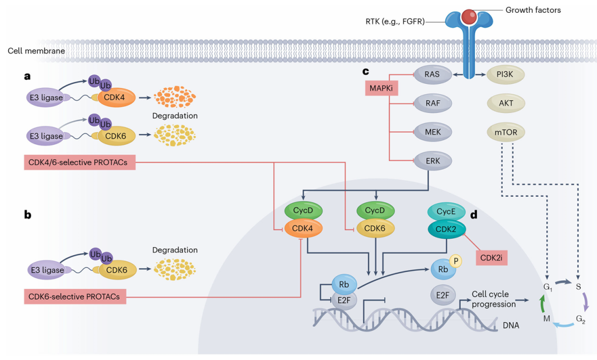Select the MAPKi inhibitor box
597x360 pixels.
pos(377,89)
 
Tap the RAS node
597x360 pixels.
pos(432,74)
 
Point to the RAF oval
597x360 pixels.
pos(432,103)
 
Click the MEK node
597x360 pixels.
pos(432,132)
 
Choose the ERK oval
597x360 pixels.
pos(432,160)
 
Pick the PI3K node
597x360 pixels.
pos(505,74)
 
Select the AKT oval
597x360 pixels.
pos(505,103)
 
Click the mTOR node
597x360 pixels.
pos(505,132)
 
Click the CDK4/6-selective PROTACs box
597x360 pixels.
pos(80,162)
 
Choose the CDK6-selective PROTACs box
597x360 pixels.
pos(75,297)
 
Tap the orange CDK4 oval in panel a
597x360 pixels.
pos(115,97)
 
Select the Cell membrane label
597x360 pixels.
pos(36,51)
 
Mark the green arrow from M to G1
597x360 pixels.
pos(542,303)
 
